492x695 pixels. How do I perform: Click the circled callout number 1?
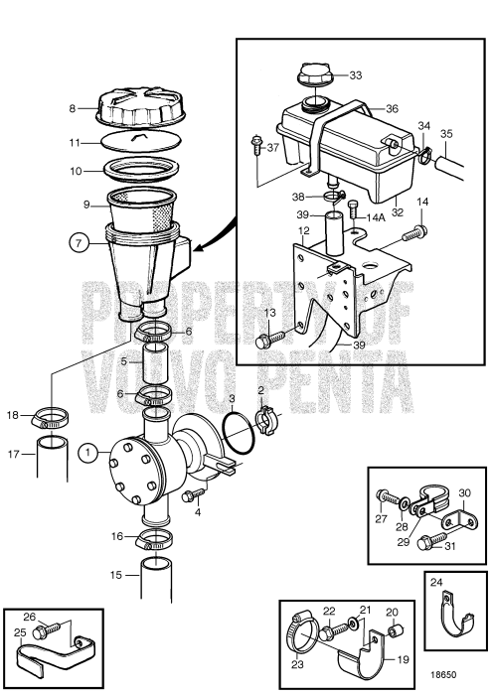click(x=91, y=454)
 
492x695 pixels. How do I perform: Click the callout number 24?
click(x=437, y=583)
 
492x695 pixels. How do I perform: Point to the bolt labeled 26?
click(x=43, y=631)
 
